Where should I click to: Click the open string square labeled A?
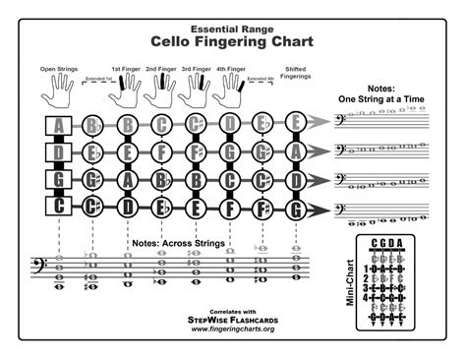(x=59, y=125)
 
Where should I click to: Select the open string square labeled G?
(x=59, y=180)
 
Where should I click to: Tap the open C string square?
(x=59, y=208)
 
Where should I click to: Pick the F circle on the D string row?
(x=161, y=152)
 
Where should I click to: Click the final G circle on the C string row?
(x=296, y=208)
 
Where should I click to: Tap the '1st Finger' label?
(x=125, y=71)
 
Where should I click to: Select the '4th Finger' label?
(x=229, y=71)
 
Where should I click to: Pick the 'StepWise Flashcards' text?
(x=232, y=318)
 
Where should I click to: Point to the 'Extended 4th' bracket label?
(x=260, y=78)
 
